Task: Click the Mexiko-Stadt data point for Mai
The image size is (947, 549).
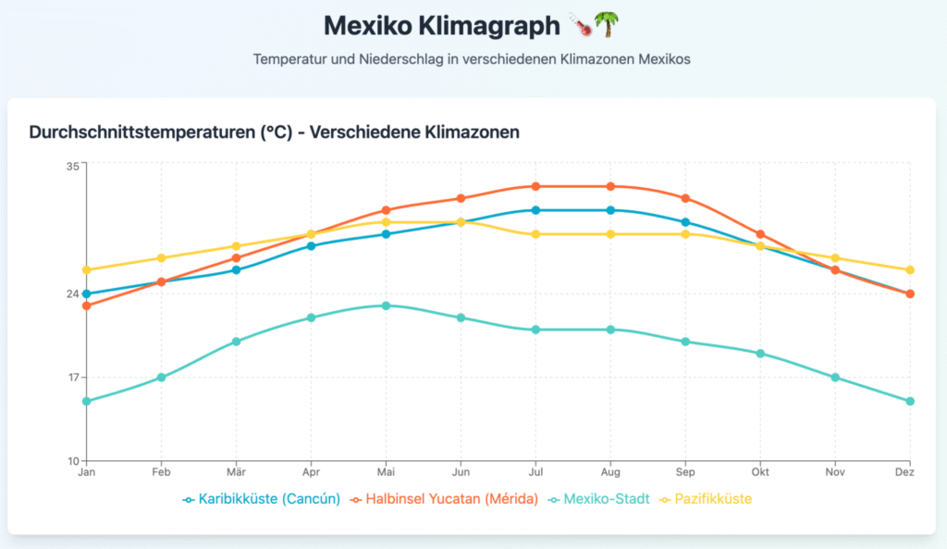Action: (x=386, y=306)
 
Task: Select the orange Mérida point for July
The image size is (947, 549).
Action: (x=535, y=186)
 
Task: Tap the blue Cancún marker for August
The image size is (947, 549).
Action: (x=610, y=210)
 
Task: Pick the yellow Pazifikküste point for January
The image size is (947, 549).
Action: (x=87, y=270)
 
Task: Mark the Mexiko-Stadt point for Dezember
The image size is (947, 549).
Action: (x=910, y=401)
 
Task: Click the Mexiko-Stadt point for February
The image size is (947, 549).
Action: (x=161, y=377)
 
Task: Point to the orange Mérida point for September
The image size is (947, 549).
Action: (x=685, y=198)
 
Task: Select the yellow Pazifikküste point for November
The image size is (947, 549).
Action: (x=835, y=258)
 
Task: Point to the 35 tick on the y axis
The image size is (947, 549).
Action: (x=72, y=166)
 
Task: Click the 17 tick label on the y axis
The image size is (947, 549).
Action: (x=72, y=378)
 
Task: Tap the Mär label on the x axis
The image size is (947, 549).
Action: (x=236, y=472)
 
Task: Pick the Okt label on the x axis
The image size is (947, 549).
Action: (x=760, y=472)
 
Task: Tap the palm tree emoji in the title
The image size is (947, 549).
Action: (x=606, y=24)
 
